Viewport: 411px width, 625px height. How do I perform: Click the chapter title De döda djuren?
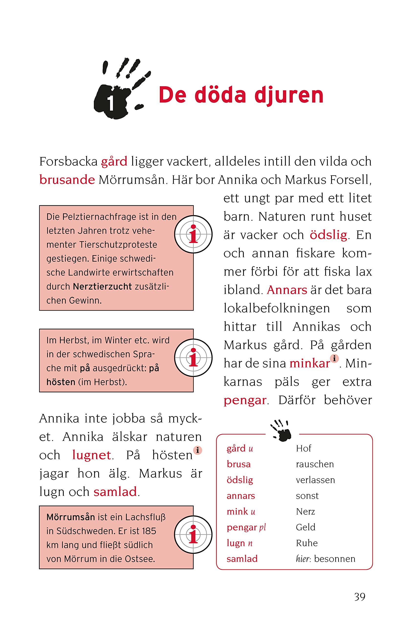[241, 95]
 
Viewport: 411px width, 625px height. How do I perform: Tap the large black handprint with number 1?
[118, 92]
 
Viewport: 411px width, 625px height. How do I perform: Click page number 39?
[359, 597]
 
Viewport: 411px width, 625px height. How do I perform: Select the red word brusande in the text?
[67, 180]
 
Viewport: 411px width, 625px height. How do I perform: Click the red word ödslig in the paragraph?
[328, 235]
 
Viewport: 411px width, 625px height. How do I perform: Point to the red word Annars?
[287, 290]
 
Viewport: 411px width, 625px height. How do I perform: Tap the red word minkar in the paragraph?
[309, 364]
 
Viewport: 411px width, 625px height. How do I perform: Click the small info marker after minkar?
[334, 358]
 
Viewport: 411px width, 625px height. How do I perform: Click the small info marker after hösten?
[198, 450]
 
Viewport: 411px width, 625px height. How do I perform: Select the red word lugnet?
[91, 455]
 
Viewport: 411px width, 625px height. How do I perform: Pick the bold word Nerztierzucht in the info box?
[102, 287]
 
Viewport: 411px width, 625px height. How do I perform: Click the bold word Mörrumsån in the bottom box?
[70, 517]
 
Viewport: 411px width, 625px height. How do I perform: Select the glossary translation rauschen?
[314, 464]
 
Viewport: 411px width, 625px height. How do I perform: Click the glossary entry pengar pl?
[246, 527]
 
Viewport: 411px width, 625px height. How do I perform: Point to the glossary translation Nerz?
[305, 511]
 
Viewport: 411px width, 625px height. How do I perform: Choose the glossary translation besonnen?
[335, 559]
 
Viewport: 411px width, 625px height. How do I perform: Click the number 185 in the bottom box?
[149, 531]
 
